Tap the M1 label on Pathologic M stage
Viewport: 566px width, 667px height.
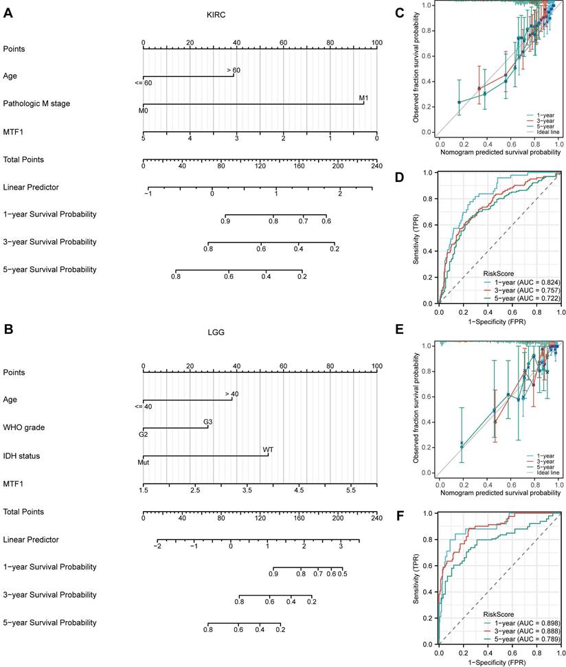click(363, 98)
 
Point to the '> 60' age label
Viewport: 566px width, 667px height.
click(233, 70)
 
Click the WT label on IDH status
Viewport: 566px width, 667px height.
click(268, 449)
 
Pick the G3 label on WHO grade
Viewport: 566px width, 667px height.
click(207, 422)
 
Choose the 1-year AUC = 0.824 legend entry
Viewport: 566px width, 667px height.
click(522, 282)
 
